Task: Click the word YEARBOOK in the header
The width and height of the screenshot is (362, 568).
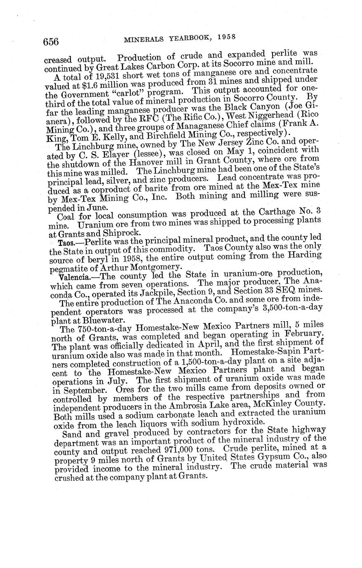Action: (x=190, y=38)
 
